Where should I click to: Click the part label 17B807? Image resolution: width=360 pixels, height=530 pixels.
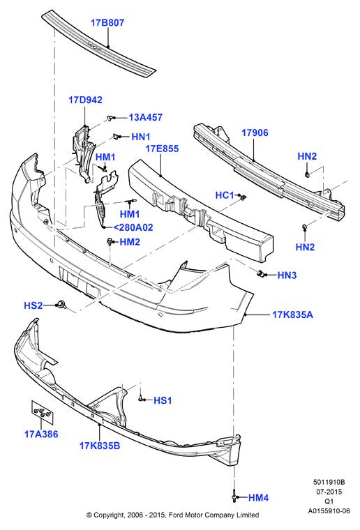(107, 22)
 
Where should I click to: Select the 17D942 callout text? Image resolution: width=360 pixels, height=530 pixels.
(85, 100)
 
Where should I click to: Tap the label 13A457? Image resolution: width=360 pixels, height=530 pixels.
(146, 117)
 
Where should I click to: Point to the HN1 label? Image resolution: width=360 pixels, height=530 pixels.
(141, 137)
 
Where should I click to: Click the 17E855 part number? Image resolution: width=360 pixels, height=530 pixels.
(162, 149)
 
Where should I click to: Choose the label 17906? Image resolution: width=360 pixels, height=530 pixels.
(255, 132)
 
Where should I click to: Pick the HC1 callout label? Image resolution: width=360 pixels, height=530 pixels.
(225, 195)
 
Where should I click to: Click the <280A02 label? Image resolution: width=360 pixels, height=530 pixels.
(133, 227)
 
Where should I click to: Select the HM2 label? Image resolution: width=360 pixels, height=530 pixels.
(130, 242)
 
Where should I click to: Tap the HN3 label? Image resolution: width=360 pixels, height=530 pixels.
(287, 275)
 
